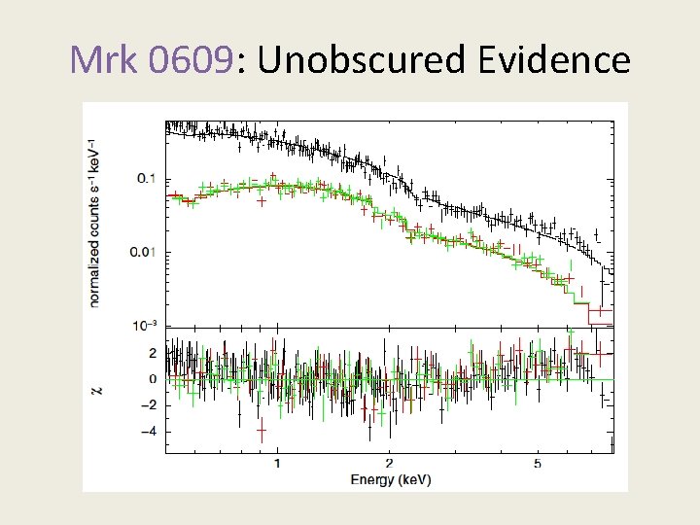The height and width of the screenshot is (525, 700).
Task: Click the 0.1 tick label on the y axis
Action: point(146,178)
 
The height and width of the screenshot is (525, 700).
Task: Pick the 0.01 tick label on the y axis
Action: point(143,253)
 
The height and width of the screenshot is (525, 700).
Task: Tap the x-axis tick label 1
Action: point(278,464)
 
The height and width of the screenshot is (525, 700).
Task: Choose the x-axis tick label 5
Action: point(538,464)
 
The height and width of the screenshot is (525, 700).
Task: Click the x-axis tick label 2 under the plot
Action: point(389,464)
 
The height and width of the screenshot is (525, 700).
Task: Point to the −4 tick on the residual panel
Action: point(149,432)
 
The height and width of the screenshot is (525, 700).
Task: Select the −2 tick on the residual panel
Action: point(149,405)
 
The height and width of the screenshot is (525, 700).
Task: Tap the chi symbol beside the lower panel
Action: point(95,390)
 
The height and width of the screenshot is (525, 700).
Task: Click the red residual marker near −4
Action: point(262,429)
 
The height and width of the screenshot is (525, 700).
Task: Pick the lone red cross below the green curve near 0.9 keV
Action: point(262,202)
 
